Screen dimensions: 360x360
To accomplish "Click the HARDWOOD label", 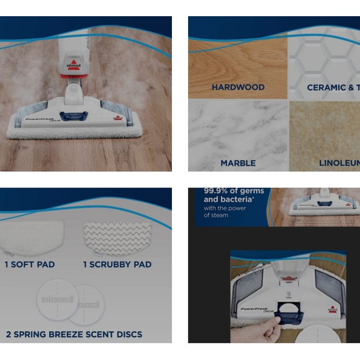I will pyautogui.click(x=238, y=88).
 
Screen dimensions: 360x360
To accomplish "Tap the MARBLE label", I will pyautogui.click(x=238, y=163).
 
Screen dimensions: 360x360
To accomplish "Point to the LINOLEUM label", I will pyautogui.click(x=339, y=163).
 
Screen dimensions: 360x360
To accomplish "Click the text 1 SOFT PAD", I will pyautogui.click(x=30, y=264).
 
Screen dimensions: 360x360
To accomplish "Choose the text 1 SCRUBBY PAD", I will pyautogui.click(x=117, y=264).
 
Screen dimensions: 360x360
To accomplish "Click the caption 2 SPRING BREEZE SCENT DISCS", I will pyautogui.click(x=74, y=334).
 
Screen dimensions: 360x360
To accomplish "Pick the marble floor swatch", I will pyautogui.click(x=238, y=133).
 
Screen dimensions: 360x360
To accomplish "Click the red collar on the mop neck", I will pyautogui.click(x=73, y=73).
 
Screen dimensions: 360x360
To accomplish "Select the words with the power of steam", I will pyautogui.click(x=225, y=212).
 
